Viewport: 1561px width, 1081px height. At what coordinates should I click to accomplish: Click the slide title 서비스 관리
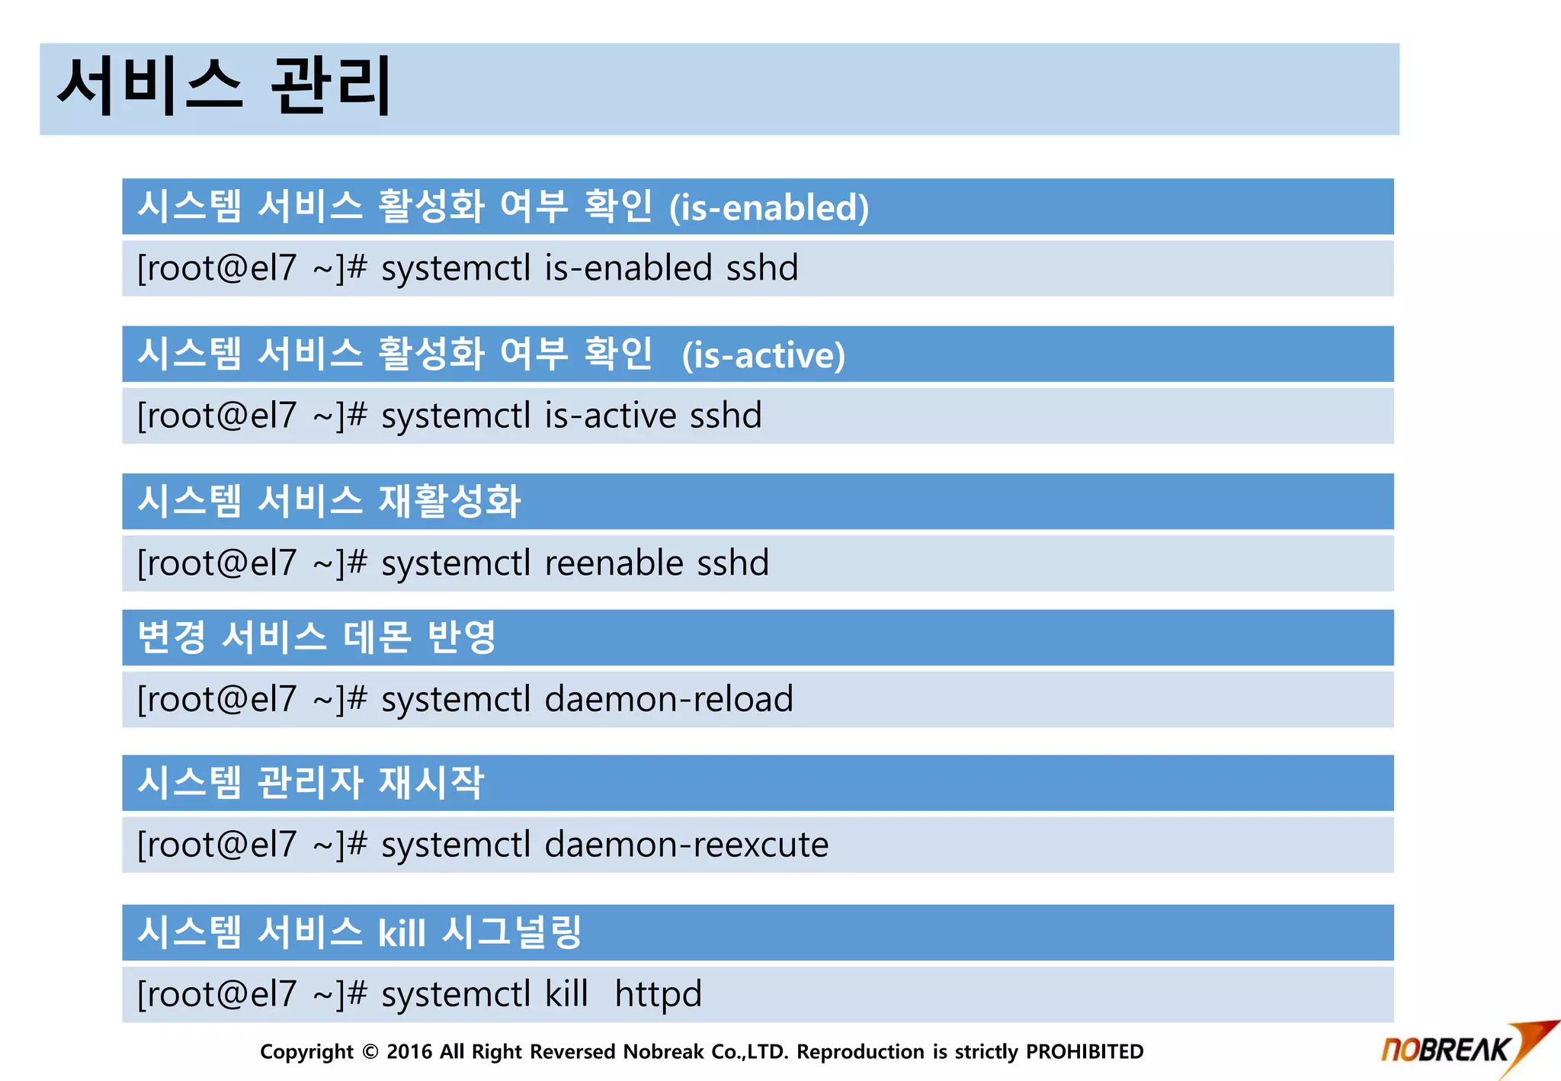(224, 85)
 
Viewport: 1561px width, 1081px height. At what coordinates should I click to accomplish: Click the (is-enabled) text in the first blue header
(768, 207)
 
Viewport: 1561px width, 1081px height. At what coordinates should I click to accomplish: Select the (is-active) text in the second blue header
(763, 355)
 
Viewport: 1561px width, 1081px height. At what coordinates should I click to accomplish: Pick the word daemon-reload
(668, 699)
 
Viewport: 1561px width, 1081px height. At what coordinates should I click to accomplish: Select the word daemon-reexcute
(686, 845)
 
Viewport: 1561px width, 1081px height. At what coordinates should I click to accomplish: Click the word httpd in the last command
(658, 994)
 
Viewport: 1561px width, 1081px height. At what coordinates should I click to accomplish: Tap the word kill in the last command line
(566, 994)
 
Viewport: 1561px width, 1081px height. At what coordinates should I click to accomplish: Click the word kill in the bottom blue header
(402, 933)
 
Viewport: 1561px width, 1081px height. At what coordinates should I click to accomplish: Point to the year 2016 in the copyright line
(409, 1052)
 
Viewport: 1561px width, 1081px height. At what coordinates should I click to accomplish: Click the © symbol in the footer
(370, 1052)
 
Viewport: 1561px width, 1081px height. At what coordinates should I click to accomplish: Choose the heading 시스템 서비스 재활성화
(329, 501)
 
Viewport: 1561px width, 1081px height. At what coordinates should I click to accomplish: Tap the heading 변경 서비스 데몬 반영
(316, 637)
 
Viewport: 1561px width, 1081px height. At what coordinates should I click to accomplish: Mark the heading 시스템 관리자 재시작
(310, 783)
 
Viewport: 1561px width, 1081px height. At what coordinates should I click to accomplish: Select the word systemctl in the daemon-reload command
(455, 699)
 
